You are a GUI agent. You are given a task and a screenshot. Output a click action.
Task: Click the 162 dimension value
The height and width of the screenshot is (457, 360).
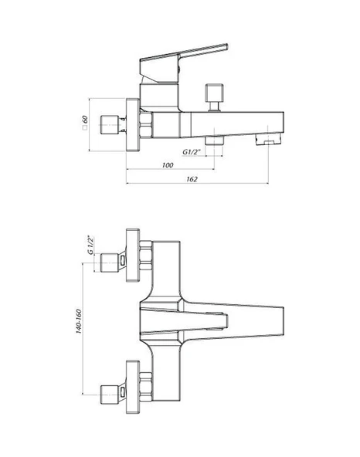192,179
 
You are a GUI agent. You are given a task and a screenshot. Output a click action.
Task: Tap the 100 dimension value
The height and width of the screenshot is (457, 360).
168,165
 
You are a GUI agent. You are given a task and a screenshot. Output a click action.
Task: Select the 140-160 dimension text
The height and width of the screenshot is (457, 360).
79,321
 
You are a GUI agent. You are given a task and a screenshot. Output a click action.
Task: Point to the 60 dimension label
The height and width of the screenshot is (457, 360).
85,120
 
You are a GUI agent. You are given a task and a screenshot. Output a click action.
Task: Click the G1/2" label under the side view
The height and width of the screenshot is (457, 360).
192,152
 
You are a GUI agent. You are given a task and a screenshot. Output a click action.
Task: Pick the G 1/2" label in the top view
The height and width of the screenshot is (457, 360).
91,245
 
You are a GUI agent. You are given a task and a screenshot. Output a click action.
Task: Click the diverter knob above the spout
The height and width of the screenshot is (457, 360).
215,97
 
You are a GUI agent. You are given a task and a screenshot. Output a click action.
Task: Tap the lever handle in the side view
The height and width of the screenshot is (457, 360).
183,63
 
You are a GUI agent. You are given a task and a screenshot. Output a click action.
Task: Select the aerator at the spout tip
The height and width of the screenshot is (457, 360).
268,138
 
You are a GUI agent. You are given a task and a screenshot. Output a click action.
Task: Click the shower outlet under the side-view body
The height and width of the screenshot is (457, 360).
215,140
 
